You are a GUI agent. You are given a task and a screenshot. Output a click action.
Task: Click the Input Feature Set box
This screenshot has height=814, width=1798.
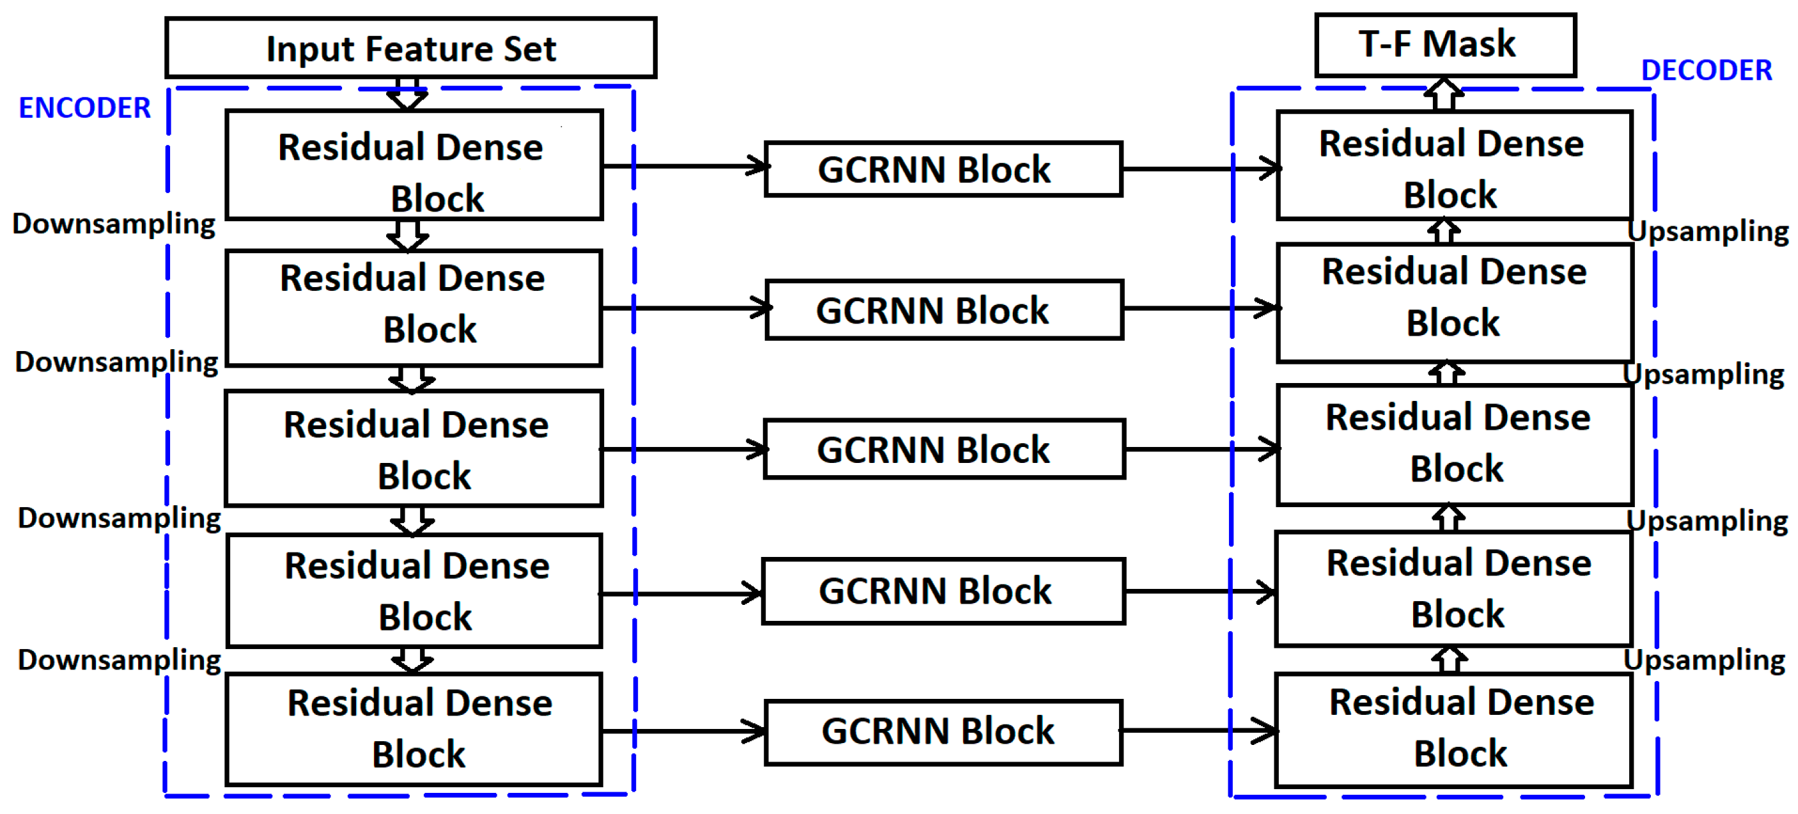410,48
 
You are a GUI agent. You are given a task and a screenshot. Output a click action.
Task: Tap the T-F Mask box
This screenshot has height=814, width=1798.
1445,45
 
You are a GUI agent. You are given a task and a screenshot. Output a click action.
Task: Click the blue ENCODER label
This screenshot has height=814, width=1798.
84,108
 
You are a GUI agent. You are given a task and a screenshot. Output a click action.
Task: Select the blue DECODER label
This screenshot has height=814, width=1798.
1706,70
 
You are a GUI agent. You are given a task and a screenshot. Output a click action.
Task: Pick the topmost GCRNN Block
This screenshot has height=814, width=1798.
943,169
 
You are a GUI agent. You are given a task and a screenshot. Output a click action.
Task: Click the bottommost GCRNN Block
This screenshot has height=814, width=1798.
943,732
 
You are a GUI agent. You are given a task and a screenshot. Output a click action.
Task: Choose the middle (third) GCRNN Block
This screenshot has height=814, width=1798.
943,449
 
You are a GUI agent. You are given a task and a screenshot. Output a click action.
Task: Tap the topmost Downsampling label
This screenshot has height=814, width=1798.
114,224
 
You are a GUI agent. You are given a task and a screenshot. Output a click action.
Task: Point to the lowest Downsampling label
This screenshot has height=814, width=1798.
119,660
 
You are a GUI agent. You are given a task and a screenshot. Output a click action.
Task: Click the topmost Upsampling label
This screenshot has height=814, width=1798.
1707,231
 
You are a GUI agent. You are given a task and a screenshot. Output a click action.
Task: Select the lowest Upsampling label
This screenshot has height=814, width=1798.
1704,660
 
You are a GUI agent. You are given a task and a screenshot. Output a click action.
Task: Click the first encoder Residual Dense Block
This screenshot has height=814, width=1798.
414,166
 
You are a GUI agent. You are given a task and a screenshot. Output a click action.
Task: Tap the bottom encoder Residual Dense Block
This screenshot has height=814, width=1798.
414,730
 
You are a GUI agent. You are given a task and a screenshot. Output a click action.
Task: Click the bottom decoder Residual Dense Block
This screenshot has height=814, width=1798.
1453,730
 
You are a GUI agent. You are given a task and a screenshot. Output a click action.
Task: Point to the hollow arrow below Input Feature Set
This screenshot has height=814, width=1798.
407,94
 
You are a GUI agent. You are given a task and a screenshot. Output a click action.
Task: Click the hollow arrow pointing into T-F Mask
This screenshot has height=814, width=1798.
1443,94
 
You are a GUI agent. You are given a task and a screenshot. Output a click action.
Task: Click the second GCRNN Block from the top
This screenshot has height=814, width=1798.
943,310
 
